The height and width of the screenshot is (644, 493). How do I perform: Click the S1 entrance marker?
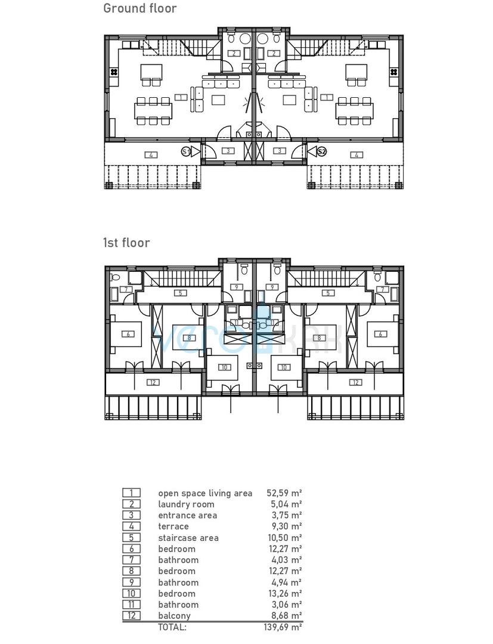point(186,151)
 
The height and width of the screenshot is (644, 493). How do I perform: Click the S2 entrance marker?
point(322,151)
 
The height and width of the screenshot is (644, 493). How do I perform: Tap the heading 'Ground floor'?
point(140,8)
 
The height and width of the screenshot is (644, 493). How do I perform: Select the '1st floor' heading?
point(126,243)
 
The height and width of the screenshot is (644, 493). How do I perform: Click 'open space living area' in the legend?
point(205,493)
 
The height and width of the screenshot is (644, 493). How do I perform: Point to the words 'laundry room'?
point(186,504)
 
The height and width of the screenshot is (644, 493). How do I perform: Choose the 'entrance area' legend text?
point(187,515)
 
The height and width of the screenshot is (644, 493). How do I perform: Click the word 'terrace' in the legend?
point(173,527)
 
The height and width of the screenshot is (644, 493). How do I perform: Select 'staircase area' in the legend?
point(188,538)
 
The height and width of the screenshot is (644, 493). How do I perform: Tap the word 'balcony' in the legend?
point(175,616)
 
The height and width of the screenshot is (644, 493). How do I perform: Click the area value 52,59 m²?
point(286,493)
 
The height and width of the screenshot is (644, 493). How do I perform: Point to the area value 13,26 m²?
point(286,593)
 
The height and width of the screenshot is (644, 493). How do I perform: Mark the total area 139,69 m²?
point(283,627)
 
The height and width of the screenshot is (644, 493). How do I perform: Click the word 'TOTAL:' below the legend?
point(172,627)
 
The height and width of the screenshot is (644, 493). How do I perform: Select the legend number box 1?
point(131,493)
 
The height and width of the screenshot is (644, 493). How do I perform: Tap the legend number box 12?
point(131,616)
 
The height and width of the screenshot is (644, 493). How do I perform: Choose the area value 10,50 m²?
point(286,538)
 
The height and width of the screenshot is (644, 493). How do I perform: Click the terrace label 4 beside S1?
point(151,155)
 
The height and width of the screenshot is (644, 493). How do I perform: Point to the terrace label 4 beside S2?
point(356,155)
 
